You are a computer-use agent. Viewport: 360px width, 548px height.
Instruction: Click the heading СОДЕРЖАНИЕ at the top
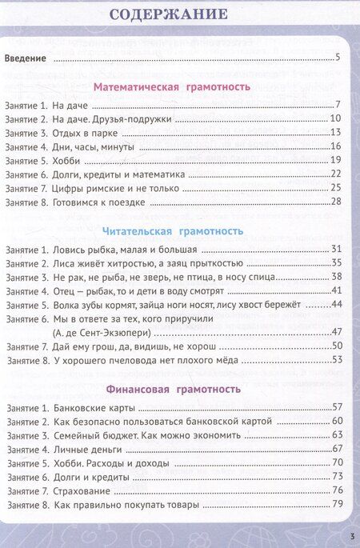point(180,14)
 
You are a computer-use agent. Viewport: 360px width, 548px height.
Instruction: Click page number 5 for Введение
point(338,58)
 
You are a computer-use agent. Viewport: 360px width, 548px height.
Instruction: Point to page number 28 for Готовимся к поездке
point(336,201)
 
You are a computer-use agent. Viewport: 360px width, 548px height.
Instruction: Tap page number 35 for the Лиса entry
point(336,263)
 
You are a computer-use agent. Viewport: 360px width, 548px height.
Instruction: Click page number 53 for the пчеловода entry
point(336,359)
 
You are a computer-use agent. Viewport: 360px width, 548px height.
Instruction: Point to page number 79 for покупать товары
point(336,503)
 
